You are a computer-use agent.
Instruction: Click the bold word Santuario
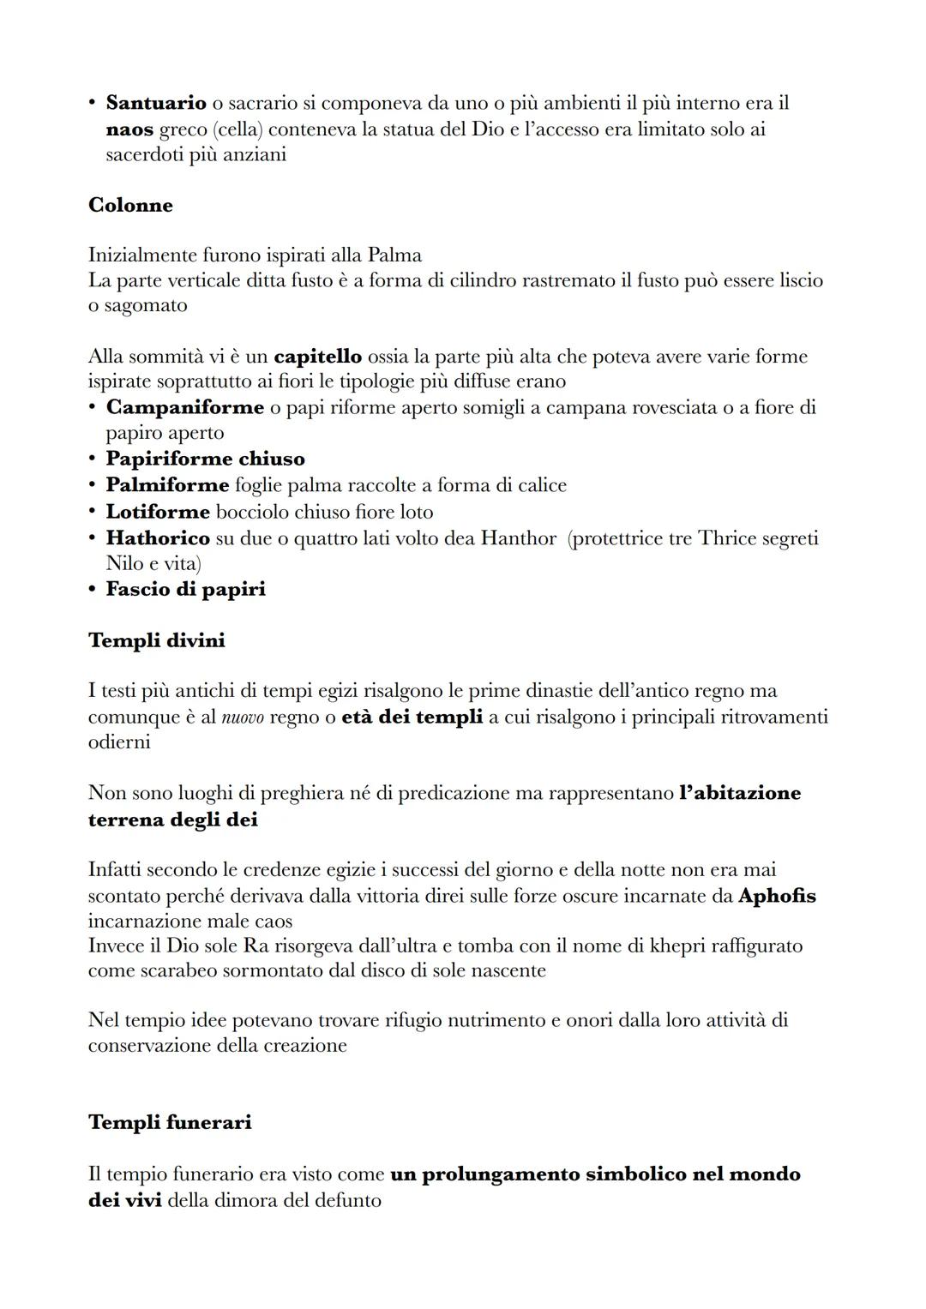(155, 103)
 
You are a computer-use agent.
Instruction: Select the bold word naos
(129, 129)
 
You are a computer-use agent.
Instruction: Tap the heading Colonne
(130, 206)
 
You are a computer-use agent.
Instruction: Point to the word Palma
(394, 255)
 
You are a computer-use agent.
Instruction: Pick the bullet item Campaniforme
(184, 407)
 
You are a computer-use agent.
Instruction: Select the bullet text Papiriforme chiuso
(205, 459)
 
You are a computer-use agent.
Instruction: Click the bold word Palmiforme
(167, 485)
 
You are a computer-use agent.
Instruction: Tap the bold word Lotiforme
(158, 512)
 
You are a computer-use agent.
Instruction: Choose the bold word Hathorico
(158, 538)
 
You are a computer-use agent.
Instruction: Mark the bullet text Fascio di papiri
(185, 589)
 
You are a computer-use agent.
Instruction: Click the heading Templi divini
(156, 640)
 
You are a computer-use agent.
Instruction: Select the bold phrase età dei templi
(412, 717)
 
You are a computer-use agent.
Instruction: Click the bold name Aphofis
(777, 897)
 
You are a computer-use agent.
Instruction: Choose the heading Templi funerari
(170, 1122)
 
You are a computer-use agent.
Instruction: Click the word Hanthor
(518, 538)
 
